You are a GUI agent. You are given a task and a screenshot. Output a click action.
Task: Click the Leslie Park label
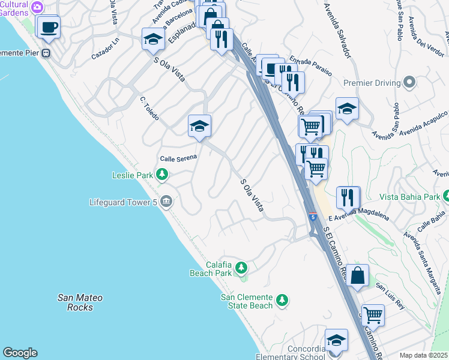tap(133, 176)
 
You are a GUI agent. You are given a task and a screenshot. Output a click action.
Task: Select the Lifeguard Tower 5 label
tap(123, 202)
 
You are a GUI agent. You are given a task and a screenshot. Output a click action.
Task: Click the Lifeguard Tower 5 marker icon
tap(167, 202)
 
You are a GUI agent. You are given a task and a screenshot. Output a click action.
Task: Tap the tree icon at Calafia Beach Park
tap(241, 266)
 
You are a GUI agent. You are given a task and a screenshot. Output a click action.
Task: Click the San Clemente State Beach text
tap(247, 301)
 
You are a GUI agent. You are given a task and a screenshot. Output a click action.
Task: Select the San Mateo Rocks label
tap(80, 302)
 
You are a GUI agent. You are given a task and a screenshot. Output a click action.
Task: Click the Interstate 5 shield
tap(313, 215)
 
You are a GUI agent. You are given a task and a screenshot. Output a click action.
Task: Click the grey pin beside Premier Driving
tap(409, 82)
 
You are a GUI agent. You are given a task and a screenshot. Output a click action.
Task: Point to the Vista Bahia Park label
tap(409, 197)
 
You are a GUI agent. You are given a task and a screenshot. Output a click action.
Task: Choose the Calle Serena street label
tap(178, 158)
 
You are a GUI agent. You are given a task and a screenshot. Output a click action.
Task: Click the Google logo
tap(20, 353)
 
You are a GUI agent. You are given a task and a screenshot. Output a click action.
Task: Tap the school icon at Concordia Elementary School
tap(336, 340)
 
